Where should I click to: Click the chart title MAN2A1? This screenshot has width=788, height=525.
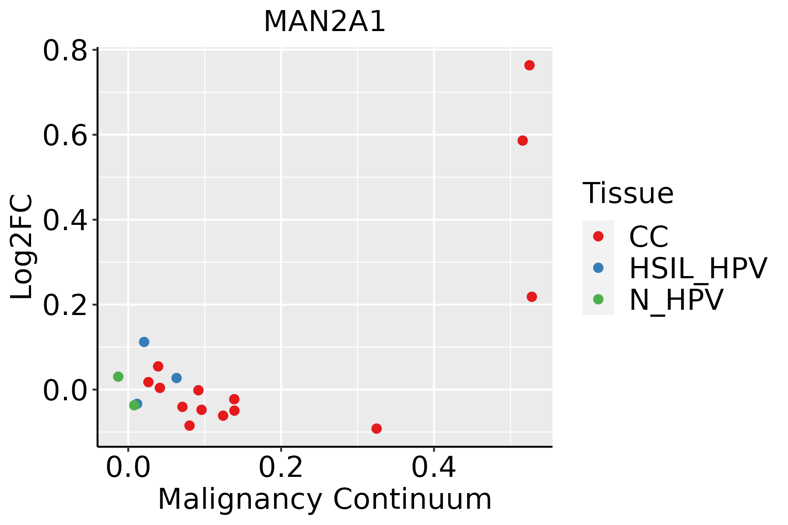click(324, 21)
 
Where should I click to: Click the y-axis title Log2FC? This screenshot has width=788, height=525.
click(22, 247)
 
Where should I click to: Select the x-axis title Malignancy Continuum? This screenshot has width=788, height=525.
click(324, 500)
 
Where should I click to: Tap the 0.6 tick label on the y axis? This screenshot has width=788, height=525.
click(64, 136)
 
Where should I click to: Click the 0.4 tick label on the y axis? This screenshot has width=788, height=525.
click(64, 220)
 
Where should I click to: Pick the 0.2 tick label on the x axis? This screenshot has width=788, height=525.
click(281, 468)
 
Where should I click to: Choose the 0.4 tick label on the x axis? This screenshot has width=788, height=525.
click(433, 468)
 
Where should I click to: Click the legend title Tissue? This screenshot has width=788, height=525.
click(628, 193)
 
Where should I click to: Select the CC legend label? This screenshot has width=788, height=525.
click(649, 237)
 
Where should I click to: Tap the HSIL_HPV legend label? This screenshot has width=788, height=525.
click(698, 268)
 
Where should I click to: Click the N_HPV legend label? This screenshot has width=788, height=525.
click(676, 300)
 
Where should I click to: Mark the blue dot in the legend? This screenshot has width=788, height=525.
click(598, 268)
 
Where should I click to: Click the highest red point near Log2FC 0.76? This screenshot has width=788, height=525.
click(529, 65)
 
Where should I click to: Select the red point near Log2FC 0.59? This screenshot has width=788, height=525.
click(522, 140)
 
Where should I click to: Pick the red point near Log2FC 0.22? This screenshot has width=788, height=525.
click(531, 297)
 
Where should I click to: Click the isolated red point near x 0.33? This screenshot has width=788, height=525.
click(376, 428)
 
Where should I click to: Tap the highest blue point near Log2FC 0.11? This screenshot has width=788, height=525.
click(144, 342)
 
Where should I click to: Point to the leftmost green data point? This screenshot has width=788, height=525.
click(118, 377)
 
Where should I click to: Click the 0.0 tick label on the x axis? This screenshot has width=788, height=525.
click(128, 468)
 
